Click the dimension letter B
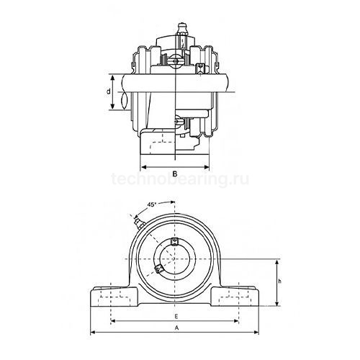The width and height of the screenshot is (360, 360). point(176,174)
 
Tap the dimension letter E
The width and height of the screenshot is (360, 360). point(176,316)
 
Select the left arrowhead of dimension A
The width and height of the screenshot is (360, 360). point(92,332)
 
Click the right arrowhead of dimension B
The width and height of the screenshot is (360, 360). point(212,166)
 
